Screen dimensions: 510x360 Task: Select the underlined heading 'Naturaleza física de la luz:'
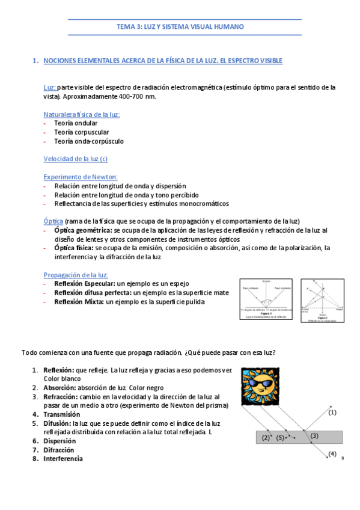(82, 114)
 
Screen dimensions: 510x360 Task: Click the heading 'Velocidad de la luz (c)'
(76, 159)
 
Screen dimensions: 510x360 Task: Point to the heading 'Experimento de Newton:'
(81, 177)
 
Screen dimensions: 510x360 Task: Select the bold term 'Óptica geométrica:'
(82, 230)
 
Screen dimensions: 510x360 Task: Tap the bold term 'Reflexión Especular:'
(85, 283)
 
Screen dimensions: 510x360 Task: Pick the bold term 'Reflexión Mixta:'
(79, 301)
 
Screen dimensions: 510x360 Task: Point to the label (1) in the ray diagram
(332, 412)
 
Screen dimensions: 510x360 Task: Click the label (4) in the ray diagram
(332, 454)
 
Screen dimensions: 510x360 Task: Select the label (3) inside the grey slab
(314, 436)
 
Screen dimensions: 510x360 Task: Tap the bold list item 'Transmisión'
(61, 414)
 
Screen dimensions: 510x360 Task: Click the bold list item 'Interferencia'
(63, 458)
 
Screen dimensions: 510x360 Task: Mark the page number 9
(342, 459)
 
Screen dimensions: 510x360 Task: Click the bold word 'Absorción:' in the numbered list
(59, 388)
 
